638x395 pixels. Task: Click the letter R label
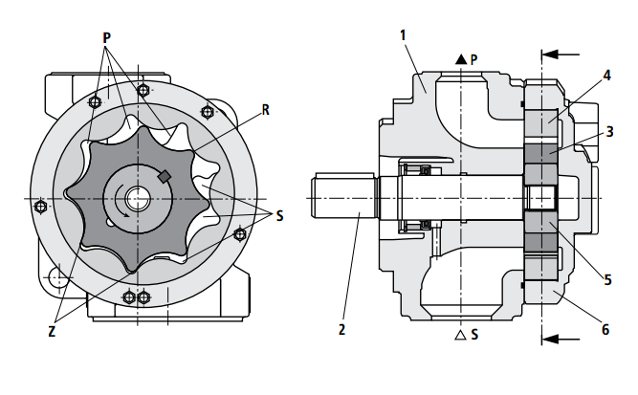pos(265,110)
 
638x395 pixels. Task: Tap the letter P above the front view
pos(107,36)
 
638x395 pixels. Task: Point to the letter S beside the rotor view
pos(279,216)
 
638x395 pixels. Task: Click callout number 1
pos(404,35)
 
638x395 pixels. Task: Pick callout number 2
pos(341,330)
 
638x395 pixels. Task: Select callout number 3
pos(608,131)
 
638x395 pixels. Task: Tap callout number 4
pos(606,75)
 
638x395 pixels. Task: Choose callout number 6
pos(605,329)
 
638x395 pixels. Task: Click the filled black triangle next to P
pos(460,59)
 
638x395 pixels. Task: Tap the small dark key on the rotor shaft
pos(164,176)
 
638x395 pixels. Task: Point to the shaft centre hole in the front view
pos(137,199)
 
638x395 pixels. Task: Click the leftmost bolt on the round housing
pos(39,206)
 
